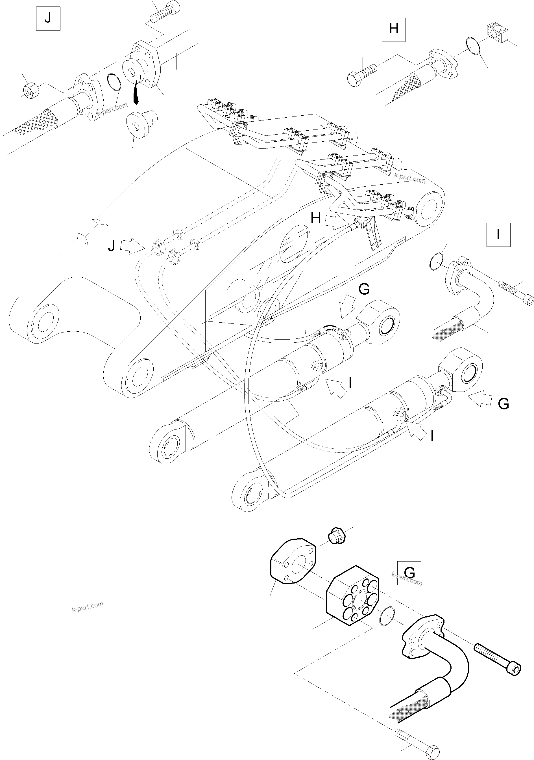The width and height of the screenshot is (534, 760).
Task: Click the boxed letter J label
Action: pyautogui.click(x=48, y=19)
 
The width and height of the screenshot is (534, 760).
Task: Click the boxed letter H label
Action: pyautogui.click(x=393, y=29)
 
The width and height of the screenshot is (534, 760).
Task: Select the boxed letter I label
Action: pyautogui.click(x=498, y=235)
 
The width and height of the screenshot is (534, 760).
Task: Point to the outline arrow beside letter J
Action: pyautogui.click(x=130, y=247)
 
